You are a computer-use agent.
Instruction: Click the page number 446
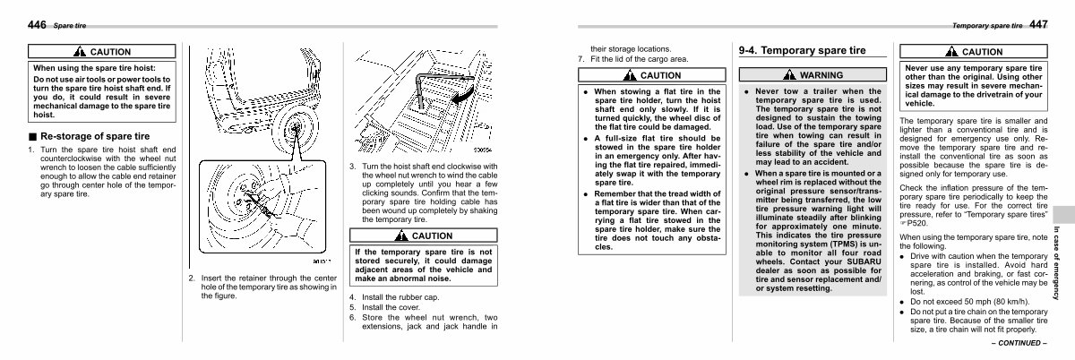[37, 26]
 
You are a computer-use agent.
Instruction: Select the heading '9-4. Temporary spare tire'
[802, 51]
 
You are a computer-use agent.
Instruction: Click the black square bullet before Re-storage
[32, 135]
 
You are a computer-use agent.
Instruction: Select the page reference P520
[915, 224]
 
